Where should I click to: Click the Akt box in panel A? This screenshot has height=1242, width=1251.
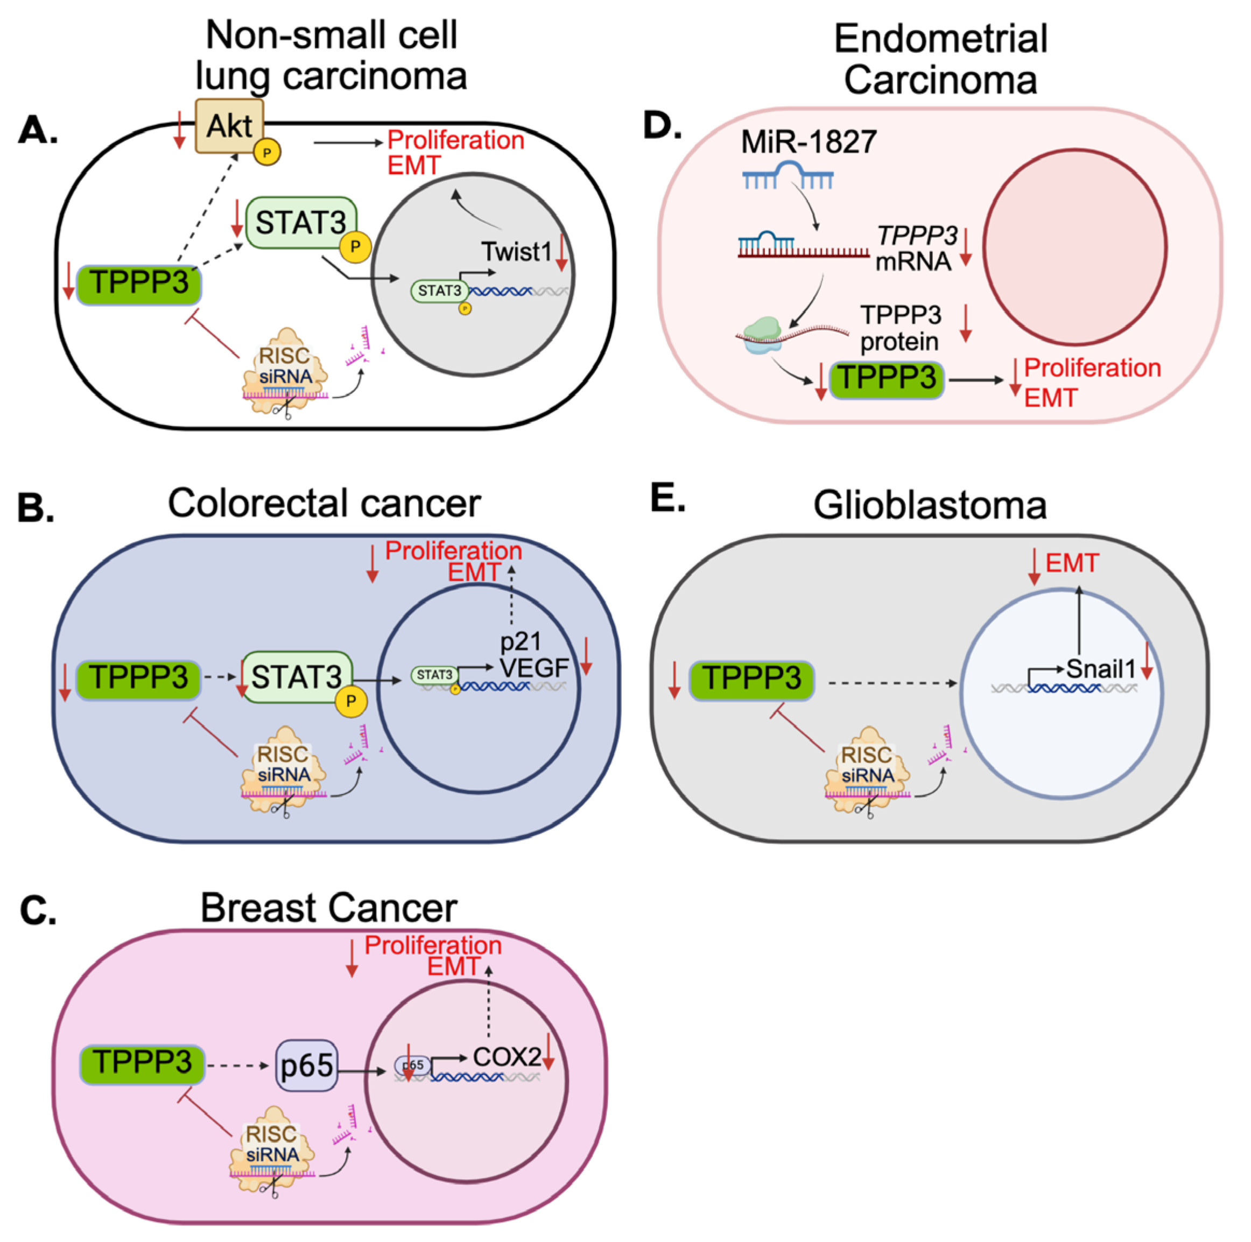click(229, 125)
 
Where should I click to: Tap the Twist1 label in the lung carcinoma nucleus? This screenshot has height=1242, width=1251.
click(516, 252)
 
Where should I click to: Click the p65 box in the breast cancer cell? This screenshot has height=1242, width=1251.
click(307, 1066)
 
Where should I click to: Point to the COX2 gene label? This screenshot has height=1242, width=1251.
click(507, 1057)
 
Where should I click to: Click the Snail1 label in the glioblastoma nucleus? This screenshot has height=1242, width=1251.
click(1101, 669)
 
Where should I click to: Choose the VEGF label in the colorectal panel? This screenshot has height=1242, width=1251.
click(534, 667)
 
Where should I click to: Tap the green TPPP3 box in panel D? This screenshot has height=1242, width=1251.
click(887, 379)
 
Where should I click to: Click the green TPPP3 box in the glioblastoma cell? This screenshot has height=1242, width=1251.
click(751, 680)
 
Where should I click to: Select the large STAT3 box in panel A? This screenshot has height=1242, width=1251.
click(300, 223)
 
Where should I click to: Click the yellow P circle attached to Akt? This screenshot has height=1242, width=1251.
click(267, 153)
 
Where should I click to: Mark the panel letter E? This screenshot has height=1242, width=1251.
click(667, 499)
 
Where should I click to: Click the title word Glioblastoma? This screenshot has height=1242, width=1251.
click(930, 505)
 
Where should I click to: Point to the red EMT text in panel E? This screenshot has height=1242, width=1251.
click(1072, 563)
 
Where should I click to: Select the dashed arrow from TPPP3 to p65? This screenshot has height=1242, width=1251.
click(237, 1066)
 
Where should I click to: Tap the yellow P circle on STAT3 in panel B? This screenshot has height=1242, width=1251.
click(350, 701)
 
